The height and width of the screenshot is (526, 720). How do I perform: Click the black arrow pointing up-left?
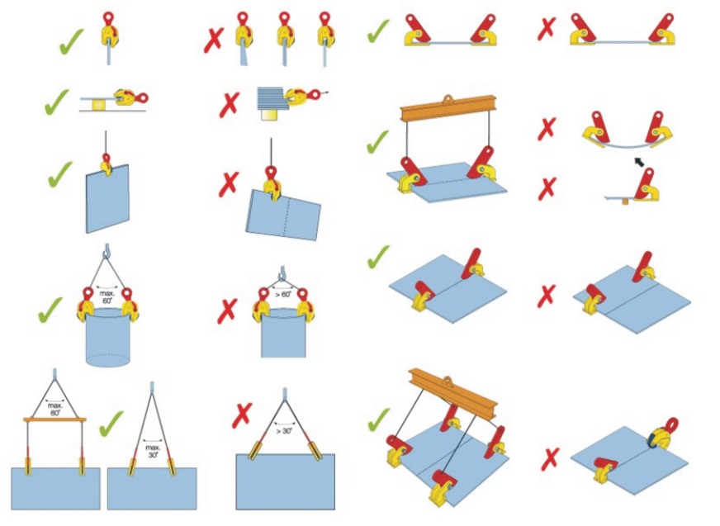(639, 162)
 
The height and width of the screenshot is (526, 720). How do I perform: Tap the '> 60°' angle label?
(283, 294)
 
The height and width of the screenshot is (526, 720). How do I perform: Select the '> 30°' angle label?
(284, 431)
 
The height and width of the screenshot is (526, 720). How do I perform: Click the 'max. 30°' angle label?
(153, 451)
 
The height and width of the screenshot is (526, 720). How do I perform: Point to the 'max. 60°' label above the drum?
(107, 296)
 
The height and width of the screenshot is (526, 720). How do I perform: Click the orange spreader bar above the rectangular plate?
(54, 419)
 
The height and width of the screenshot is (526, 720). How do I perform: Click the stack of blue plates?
(272, 97)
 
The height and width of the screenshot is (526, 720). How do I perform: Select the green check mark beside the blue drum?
(50, 310)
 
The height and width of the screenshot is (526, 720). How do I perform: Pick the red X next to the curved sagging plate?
(547, 129)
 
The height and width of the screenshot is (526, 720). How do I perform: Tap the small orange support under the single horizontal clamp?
(625, 201)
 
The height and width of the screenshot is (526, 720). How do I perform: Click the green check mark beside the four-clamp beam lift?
(379, 419)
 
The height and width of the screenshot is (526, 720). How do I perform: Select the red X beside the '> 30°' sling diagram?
(242, 415)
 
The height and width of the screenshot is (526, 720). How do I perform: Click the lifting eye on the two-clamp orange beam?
(448, 100)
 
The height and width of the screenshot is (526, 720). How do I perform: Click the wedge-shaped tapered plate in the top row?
(243, 52)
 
